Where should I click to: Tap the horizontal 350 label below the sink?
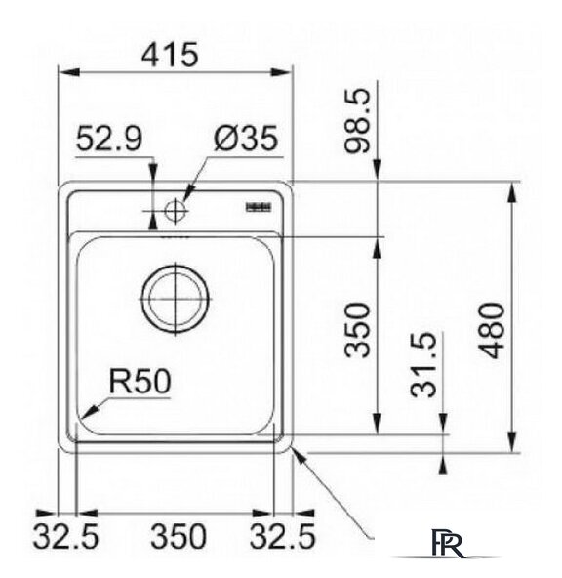click(177, 536)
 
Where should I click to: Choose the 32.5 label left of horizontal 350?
click(65, 536)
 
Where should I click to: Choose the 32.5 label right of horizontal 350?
click(284, 536)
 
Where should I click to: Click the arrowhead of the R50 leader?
click(87, 414)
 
